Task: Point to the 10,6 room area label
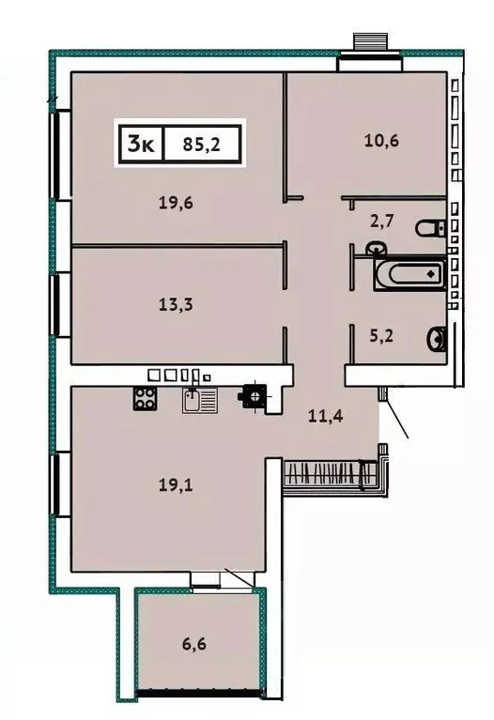click(382, 142)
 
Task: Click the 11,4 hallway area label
click(325, 415)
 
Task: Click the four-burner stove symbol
click(145, 398)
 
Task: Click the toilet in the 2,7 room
click(432, 227)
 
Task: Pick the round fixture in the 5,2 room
click(437, 338)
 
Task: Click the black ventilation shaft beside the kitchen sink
click(254, 397)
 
